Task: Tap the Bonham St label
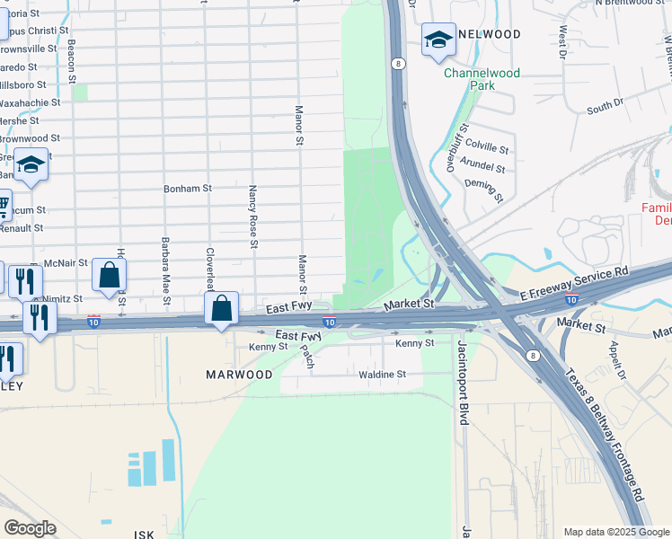tap(187, 190)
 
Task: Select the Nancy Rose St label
tap(253, 217)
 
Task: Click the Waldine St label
tap(383, 375)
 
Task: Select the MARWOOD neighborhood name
tap(239, 375)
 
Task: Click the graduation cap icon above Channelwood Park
tap(438, 40)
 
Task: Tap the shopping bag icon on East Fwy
tap(222, 309)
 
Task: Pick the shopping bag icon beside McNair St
tap(109, 276)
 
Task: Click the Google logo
tap(31, 528)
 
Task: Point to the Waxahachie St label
tap(31, 103)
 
